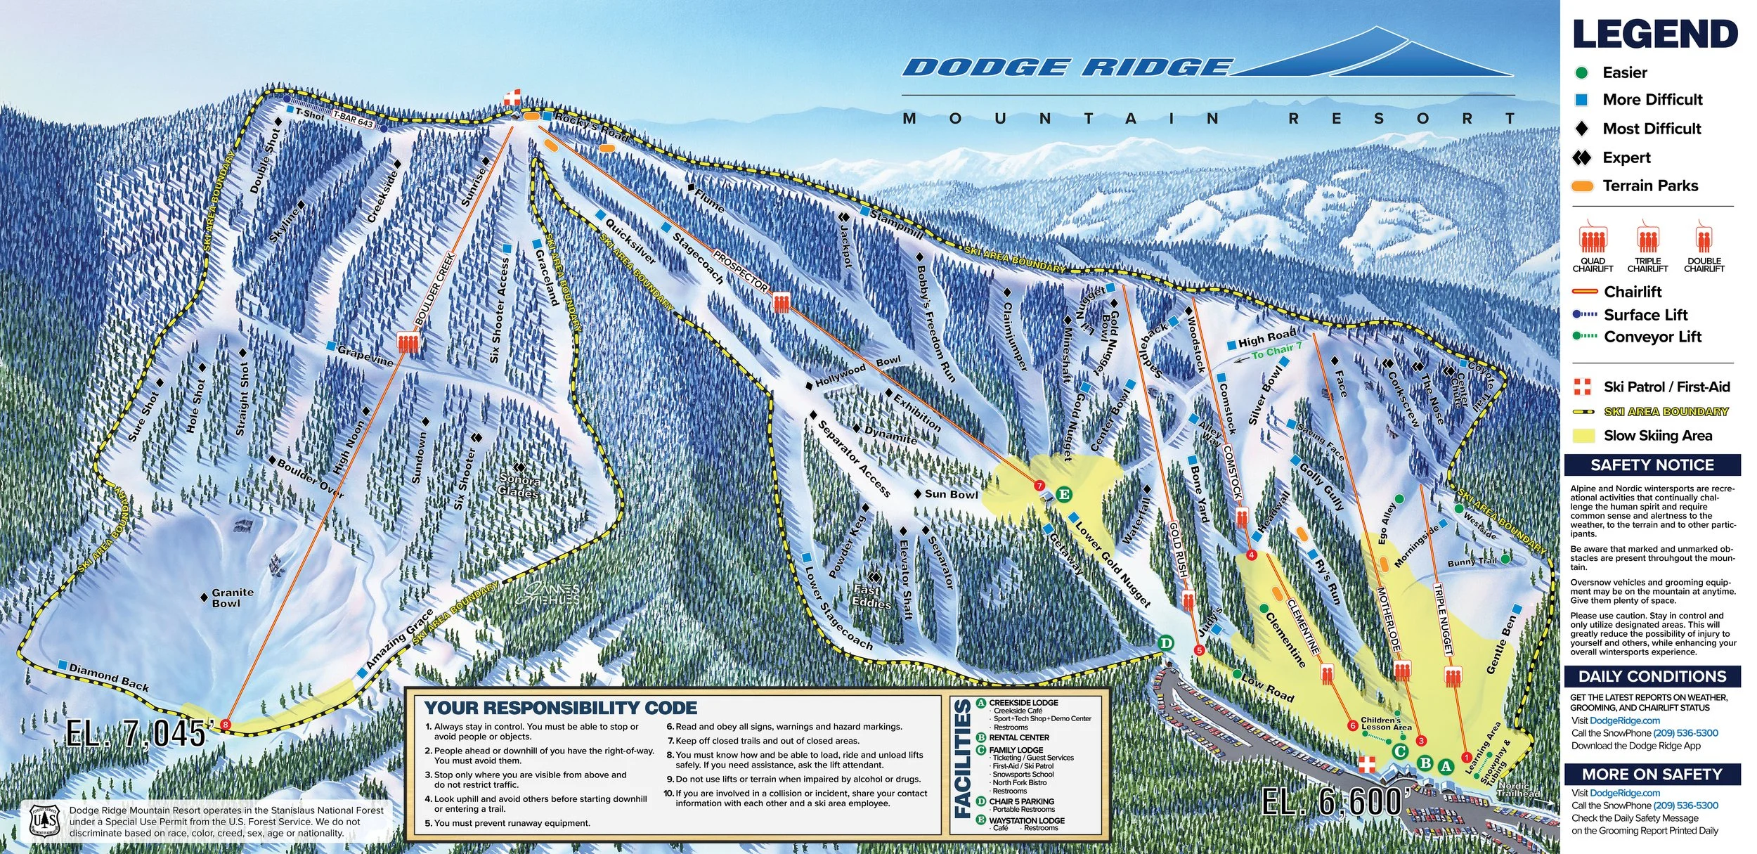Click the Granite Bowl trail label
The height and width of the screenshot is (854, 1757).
pos(233,598)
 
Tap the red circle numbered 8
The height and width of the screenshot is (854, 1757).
pos(226,724)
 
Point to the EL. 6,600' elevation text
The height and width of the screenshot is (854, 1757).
pos(1332,802)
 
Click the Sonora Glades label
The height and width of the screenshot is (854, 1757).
pos(519,486)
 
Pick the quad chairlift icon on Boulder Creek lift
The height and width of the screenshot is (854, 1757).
pos(408,342)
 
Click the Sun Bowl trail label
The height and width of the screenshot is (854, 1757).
pos(951,494)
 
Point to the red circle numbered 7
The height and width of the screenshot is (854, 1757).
pos(1039,486)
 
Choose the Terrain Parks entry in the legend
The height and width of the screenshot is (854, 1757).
pos(1649,186)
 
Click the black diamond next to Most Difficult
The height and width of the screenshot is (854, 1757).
pos(1581,129)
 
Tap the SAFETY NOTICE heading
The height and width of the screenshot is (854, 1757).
pos(1652,465)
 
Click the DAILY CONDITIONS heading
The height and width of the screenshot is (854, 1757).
pos(1652,676)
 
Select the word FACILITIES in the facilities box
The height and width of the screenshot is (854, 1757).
pos(963,765)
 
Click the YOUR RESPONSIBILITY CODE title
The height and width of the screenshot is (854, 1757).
pos(561,708)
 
